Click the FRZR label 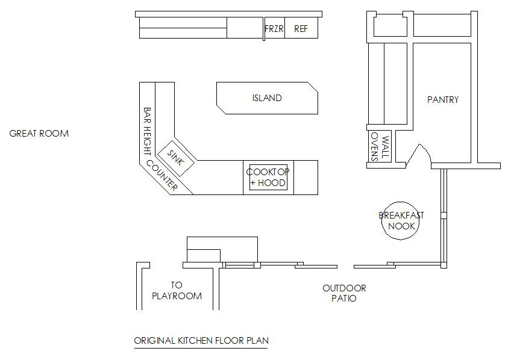coord(274,29)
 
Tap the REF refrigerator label coord(301,29)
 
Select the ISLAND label coord(267,98)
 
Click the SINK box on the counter coord(176,158)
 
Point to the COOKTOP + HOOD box coord(268,178)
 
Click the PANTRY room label coord(443,99)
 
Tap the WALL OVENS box coord(380,146)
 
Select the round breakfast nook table coord(400,221)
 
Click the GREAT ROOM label coord(39,134)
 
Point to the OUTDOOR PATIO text coord(344,293)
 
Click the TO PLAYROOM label coord(177,291)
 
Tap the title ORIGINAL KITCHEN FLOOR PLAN coord(201,341)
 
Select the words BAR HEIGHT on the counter coord(147,131)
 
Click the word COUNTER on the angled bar coord(162,175)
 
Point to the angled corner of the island coord(313,87)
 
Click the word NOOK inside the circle coord(401,226)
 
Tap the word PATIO coord(344,298)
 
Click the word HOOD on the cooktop coord(271,183)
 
